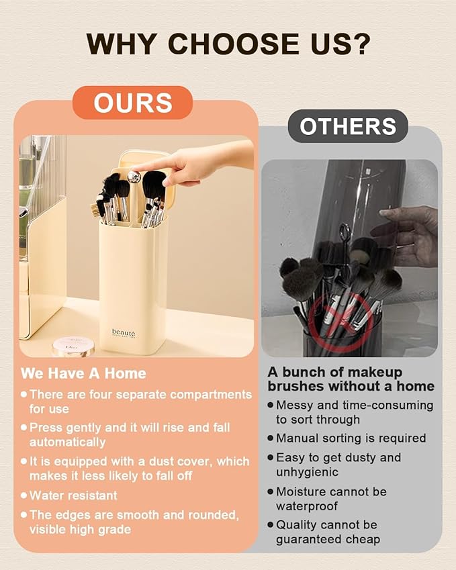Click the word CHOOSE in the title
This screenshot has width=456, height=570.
click(233, 44)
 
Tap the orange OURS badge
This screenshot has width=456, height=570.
click(132, 103)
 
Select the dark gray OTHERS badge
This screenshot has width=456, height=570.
click(348, 126)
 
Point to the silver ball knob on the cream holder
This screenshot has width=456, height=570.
click(134, 177)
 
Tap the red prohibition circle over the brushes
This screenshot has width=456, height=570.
click(340, 320)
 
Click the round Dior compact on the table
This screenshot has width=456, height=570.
click(73, 346)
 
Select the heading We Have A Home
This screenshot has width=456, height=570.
click(83, 373)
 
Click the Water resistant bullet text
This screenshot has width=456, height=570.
click(73, 495)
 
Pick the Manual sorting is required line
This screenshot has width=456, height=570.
click(351, 438)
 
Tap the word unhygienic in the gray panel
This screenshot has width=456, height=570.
click(308, 472)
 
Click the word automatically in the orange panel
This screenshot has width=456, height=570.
click(68, 442)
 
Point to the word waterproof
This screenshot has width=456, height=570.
click(307, 506)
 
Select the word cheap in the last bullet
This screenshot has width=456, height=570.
click(363, 540)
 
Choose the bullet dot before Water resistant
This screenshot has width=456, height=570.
click(24, 495)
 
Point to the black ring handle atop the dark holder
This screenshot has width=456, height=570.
click(345, 231)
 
